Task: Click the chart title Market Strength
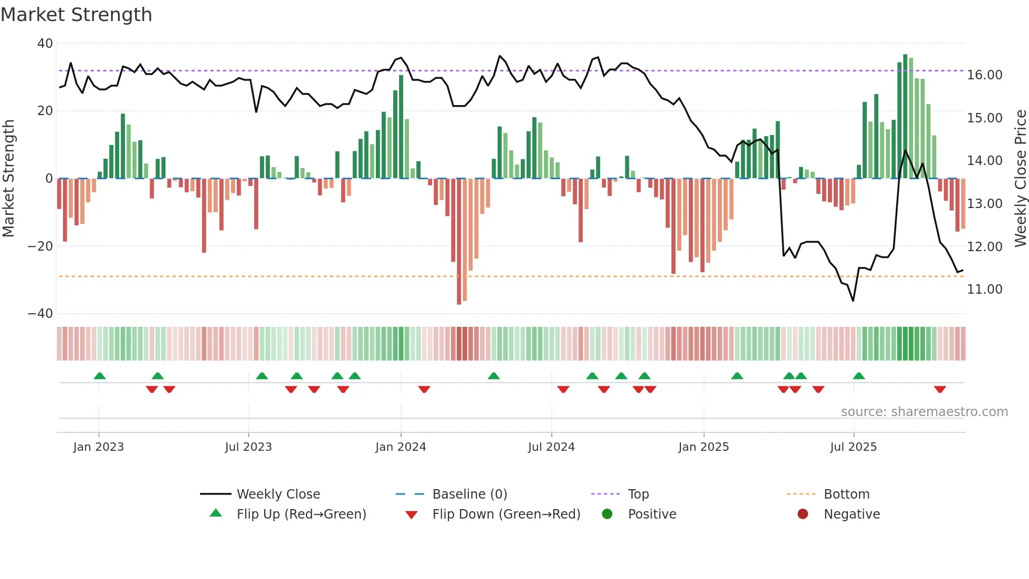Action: [x=76, y=15]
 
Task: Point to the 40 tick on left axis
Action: [x=45, y=44]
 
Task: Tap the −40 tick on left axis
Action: [x=41, y=314]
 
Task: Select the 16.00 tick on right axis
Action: [x=984, y=75]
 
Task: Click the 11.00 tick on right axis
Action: [x=984, y=289]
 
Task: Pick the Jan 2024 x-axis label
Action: [x=401, y=447]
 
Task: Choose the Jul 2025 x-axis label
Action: [x=853, y=447]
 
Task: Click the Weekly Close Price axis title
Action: [x=1020, y=179]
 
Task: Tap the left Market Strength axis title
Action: [x=9, y=179]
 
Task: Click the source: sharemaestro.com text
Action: [x=924, y=412]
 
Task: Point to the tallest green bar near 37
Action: [x=905, y=116]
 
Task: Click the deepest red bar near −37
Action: [x=459, y=242]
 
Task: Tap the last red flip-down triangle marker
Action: [x=940, y=389]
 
